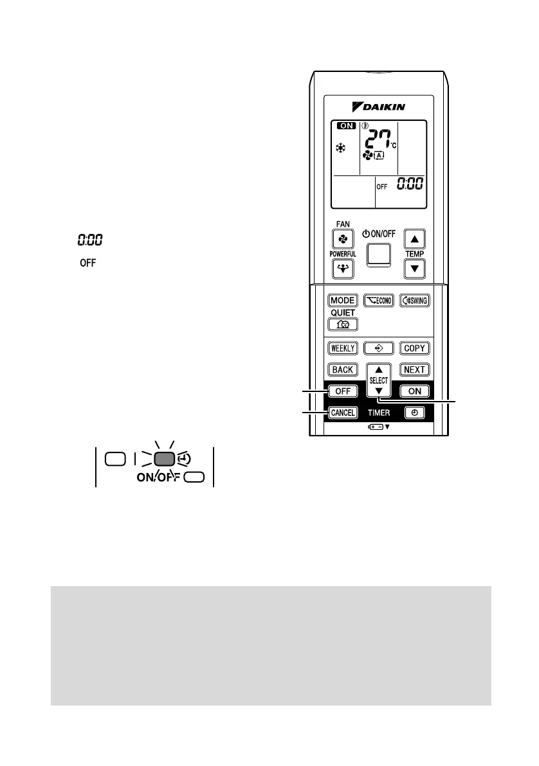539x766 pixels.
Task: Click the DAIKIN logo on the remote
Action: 379,106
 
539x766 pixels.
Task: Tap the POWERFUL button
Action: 343,268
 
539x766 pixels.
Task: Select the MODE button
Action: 343,301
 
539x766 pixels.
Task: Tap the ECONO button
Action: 378,301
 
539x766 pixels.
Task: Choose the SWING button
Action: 414,301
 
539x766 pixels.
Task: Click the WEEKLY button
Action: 343,348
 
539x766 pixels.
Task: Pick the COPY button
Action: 414,348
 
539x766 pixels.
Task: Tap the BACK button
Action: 343,370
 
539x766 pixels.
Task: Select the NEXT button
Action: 414,370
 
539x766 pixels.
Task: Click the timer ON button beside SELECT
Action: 414,391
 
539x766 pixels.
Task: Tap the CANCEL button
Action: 343,413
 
